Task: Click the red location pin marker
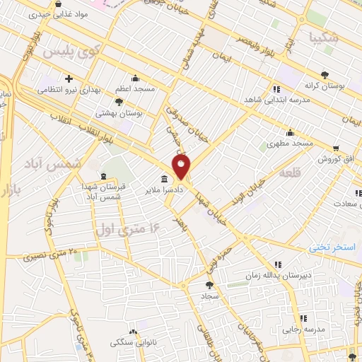(x=182, y=167)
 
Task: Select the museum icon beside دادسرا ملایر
(x=165, y=179)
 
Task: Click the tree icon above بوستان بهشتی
(x=118, y=103)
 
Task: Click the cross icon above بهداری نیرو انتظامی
(x=68, y=79)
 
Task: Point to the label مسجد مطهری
(x=290, y=144)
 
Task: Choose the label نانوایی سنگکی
(x=134, y=343)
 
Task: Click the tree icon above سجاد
(x=209, y=285)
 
